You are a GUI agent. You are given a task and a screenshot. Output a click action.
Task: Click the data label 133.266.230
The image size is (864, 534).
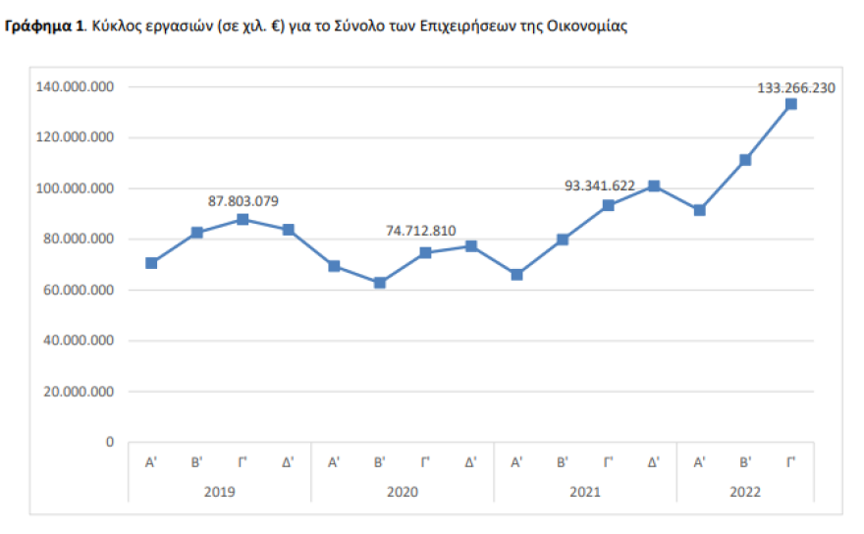(x=796, y=87)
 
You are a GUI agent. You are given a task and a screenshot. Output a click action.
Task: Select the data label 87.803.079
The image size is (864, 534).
(x=243, y=201)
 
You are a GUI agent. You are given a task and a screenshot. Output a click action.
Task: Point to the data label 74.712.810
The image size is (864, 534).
(x=420, y=231)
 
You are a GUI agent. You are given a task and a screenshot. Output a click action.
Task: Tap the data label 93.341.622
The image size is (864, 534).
(x=600, y=186)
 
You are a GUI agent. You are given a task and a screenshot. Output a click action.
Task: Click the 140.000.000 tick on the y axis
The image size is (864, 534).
(x=76, y=87)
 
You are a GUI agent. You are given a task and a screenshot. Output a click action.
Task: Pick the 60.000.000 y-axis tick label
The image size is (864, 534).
(x=79, y=291)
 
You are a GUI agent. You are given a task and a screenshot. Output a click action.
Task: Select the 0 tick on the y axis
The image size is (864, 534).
(x=111, y=443)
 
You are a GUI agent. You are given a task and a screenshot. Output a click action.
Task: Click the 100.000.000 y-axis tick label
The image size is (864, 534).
(x=76, y=188)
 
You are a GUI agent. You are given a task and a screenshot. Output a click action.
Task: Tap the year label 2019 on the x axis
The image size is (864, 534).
(x=220, y=490)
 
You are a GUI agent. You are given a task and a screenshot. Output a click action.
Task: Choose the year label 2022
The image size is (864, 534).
(x=744, y=490)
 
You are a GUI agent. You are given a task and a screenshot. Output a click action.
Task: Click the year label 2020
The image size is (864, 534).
(x=403, y=490)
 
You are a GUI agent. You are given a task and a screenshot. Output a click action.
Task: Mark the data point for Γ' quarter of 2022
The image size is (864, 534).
(x=791, y=104)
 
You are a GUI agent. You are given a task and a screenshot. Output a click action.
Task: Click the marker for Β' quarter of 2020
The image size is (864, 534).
(x=379, y=283)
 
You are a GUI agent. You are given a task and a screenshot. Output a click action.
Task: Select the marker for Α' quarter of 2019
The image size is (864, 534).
(x=151, y=263)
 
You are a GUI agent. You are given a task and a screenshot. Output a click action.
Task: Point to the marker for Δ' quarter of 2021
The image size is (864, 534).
(x=654, y=187)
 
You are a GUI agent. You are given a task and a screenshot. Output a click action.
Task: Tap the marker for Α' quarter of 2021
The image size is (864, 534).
(x=516, y=275)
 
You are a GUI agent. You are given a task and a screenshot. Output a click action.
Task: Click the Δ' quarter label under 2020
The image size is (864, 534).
(x=470, y=460)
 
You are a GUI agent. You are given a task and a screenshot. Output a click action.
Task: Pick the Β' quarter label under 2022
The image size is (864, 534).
(x=745, y=460)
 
